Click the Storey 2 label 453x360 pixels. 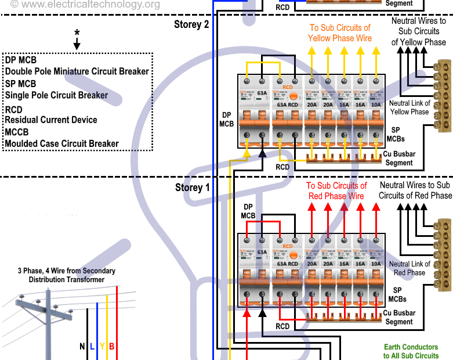pos(191,24)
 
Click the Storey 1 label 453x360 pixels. pos(192,188)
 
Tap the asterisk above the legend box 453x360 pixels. pos(77,33)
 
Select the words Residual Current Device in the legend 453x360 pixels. pos(51,120)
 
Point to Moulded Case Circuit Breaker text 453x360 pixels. pos(61,143)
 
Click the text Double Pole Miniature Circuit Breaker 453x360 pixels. pos(77,71)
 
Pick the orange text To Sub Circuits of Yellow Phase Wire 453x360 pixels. pos(339,33)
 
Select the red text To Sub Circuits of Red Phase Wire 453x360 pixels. pos(336,191)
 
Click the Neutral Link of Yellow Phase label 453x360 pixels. pos(409,107)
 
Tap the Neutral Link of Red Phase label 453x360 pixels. pos(409,268)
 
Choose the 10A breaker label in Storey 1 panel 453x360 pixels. pos(376,264)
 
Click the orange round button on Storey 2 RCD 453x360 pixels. pos(293,96)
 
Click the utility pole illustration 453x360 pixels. pos(48,319)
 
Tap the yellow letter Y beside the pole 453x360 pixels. pos(102,347)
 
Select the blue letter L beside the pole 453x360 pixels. pos(92,347)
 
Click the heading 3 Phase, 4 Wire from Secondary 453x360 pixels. pos(67,271)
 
